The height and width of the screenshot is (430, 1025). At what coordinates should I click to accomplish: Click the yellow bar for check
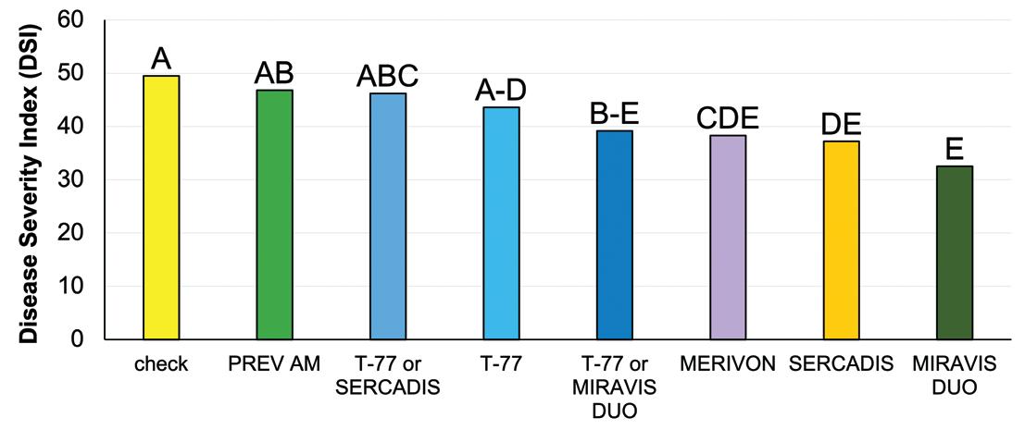(x=161, y=207)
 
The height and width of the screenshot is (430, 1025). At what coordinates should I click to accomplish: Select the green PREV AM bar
(x=274, y=215)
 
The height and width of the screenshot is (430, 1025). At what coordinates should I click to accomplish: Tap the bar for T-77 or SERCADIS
(x=388, y=216)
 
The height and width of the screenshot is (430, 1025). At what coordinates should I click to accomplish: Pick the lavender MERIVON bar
(x=728, y=237)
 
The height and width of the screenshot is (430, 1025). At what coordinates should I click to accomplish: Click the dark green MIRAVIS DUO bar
(x=955, y=252)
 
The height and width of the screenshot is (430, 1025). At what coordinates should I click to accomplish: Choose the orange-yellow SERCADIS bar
(x=841, y=240)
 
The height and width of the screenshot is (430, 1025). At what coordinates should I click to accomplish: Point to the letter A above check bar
(x=161, y=59)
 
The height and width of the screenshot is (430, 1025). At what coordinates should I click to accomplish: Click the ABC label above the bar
(x=388, y=77)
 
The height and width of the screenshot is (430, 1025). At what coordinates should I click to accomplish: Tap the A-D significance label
(x=501, y=91)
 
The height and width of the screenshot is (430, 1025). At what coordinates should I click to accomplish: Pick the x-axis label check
(x=161, y=364)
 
